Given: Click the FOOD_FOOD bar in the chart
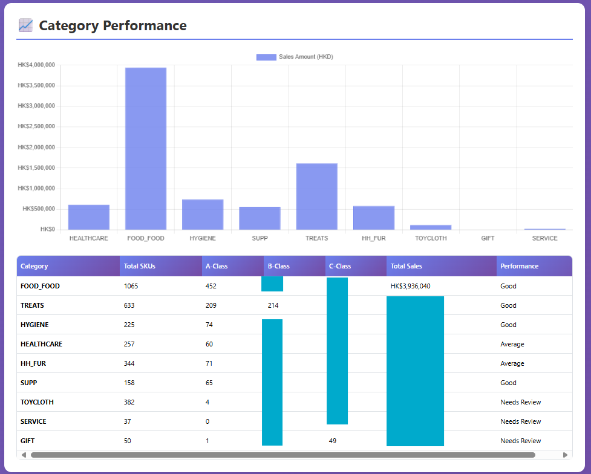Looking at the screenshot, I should pos(146,149).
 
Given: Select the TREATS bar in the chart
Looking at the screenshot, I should pos(316,196).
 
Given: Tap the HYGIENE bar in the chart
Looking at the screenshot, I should pos(203,215).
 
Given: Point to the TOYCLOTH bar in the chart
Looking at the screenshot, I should pos(431,227).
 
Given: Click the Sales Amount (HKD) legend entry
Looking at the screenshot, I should pos(295,57).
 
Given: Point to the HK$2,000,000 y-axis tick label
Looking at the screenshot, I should pos(36,147).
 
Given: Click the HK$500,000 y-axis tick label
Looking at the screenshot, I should pos(39,209).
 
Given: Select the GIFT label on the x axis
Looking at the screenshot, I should pos(488,238).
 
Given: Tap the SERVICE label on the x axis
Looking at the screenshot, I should pos(544,238).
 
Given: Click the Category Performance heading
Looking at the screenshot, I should pos(113,25).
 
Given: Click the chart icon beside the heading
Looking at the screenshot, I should pos(25,25).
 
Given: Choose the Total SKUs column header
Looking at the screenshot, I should pos(139,266).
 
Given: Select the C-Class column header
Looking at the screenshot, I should pos(340,266).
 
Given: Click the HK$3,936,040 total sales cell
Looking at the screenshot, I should pos(411,286).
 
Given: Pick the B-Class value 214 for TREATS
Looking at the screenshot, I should pos(273,305).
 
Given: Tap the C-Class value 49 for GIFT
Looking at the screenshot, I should pos(333,441).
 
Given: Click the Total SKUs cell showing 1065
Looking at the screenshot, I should pos(131,286).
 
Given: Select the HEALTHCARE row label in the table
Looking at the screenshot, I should pos(41,344).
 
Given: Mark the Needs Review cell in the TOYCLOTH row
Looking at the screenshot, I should pos(520,402).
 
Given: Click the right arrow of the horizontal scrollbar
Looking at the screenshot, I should pos(566,455).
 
